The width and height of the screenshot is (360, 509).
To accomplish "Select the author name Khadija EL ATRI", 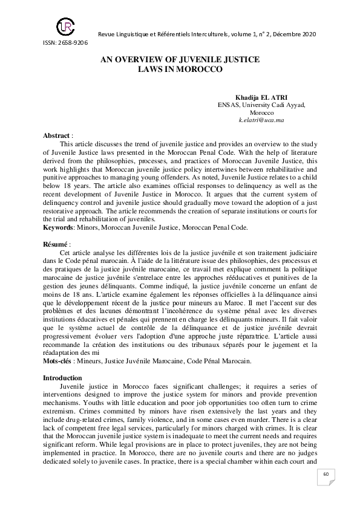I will point(262,97).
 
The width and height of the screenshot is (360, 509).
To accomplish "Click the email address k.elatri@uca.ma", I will point(261,120).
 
